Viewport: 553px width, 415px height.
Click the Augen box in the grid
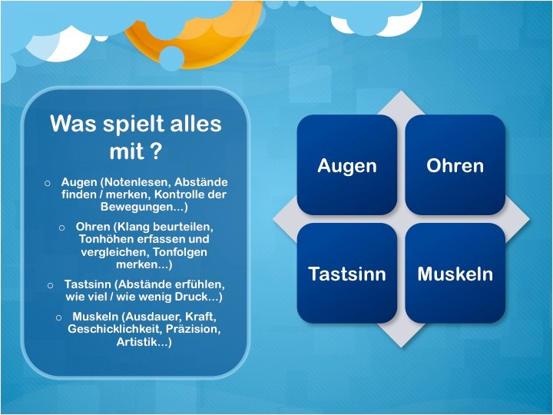coord(347,164)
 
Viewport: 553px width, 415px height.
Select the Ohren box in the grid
coord(455,164)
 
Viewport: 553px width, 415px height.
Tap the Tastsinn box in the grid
coord(347,273)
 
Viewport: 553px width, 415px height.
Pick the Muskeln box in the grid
coord(455,273)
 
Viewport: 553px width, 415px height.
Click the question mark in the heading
coord(155,151)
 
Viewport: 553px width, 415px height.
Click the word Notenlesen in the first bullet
coord(135,182)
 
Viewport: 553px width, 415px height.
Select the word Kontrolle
coord(181,194)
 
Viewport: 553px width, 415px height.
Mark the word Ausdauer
coord(152,317)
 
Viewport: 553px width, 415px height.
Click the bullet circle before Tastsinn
coord(50,285)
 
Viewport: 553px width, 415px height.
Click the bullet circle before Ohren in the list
coord(61,227)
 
